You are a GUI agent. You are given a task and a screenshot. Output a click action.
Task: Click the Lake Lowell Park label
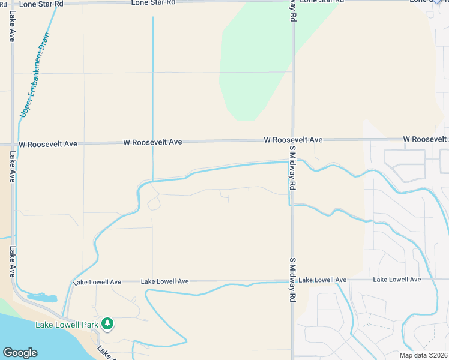pos(66,325)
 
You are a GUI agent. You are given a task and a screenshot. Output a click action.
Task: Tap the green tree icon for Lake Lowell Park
pos(107,324)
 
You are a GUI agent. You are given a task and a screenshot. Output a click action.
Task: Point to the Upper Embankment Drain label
pos(34,75)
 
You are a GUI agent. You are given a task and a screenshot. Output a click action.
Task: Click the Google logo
pos(20,353)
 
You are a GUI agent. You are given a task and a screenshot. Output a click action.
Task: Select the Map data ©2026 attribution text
pos(423,355)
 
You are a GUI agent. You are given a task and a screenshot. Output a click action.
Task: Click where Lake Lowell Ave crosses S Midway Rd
pos(293,280)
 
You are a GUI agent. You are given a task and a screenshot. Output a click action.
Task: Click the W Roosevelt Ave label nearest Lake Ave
pos(48,145)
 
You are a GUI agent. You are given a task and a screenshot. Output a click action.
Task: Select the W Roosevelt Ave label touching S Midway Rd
pos(293,140)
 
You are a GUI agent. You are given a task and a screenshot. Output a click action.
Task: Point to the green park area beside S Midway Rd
pos(246,66)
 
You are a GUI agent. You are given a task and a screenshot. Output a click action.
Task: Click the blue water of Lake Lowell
pos(36,336)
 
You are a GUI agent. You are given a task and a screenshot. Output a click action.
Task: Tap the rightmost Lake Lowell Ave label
pos(397,280)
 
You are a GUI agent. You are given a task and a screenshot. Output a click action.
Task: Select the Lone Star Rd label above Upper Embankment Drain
pos(41,4)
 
